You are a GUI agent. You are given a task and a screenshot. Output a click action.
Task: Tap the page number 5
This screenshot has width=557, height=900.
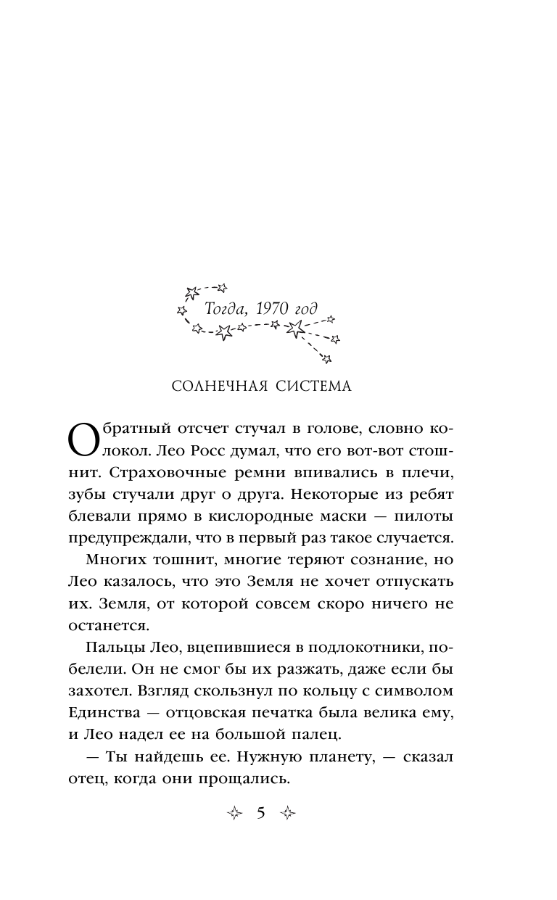point(261,813)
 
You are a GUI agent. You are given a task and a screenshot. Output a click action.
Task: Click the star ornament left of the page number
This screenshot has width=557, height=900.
point(234,814)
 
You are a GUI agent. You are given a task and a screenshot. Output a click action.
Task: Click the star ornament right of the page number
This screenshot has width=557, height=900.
point(289,814)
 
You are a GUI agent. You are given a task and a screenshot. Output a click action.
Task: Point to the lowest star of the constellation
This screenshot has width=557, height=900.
point(327,358)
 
